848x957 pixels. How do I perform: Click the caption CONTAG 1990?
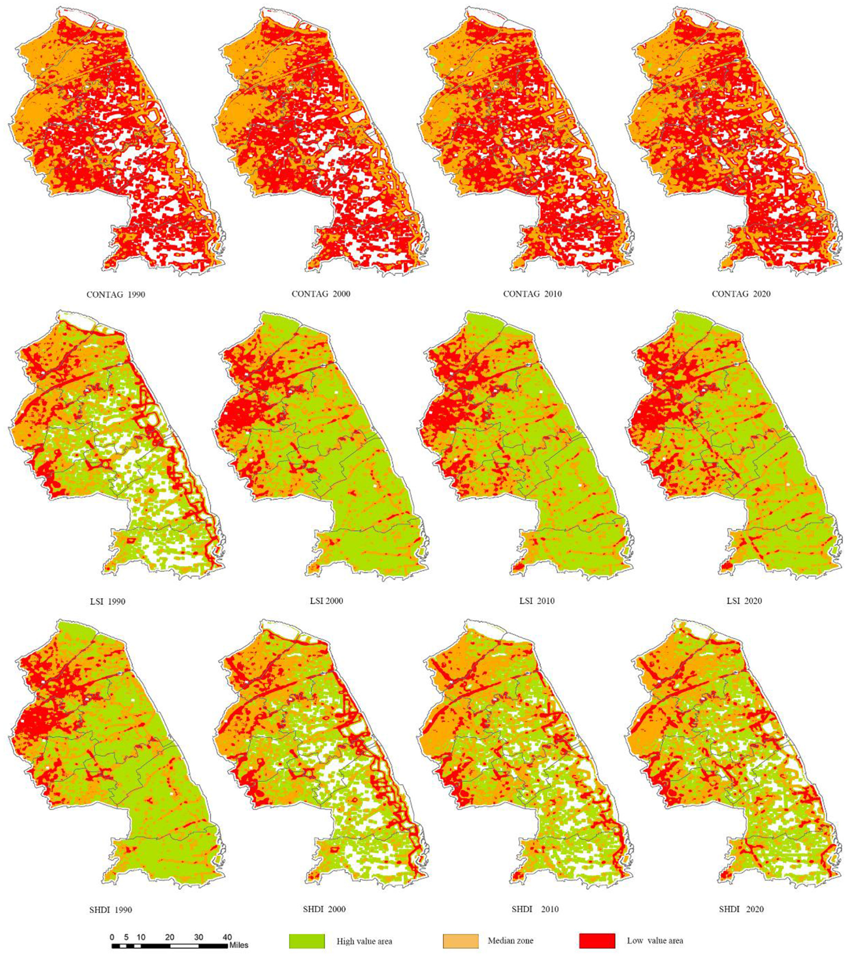click(x=115, y=295)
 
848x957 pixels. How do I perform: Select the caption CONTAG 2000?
click(x=321, y=294)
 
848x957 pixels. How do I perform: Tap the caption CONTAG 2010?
click(x=532, y=294)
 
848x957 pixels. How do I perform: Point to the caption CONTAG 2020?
click(x=741, y=294)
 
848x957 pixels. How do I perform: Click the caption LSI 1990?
click(x=108, y=602)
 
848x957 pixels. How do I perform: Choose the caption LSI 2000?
click(x=326, y=601)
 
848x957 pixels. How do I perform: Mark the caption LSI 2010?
click(x=537, y=601)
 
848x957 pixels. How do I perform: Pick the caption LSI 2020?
click(x=744, y=601)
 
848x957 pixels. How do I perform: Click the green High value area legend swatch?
click(x=307, y=941)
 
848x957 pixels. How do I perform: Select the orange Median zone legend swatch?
click(x=460, y=941)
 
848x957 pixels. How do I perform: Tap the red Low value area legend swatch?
click(x=597, y=941)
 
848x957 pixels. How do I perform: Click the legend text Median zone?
click(x=510, y=940)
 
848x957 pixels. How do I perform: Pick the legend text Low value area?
click(x=655, y=940)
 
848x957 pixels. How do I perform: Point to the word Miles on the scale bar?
click(x=239, y=945)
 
